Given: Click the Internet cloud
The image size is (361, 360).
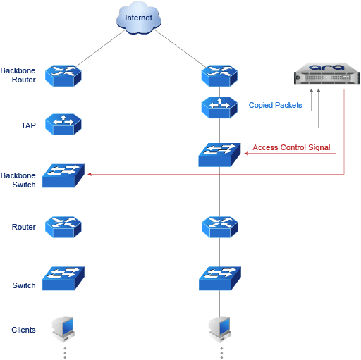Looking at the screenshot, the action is [x=139, y=18].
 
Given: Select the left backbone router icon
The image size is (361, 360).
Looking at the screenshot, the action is [x=63, y=76].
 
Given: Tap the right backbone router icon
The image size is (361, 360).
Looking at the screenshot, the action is [x=219, y=76].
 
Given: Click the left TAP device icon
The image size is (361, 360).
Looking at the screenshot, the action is [x=63, y=124].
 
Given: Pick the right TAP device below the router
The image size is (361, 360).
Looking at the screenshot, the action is [x=219, y=107].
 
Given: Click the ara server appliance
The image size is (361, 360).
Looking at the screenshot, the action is [x=326, y=73].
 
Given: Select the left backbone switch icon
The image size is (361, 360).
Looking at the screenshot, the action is [x=63, y=175].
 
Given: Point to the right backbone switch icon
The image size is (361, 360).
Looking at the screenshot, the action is [x=219, y=155].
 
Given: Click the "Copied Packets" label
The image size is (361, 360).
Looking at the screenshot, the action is [x=275, y=105].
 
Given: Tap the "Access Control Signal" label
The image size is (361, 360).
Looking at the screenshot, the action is [x=291, y=147].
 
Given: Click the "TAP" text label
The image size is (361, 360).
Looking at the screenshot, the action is [x=28, y=125].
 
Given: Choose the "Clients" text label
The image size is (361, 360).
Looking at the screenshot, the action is [x=23, y=330].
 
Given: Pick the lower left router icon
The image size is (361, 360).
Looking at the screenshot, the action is [x=63, y=227].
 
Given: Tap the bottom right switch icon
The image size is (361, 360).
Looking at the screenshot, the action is [x=220, y=278].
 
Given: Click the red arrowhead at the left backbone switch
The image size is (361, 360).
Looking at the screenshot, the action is [x=90, y=174].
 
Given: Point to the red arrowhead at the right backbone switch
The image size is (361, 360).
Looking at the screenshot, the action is [x=246, y=154].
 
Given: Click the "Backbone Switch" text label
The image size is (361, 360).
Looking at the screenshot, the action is [x=18, y=180].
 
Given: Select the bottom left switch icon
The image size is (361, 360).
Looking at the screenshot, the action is [x=63, y=278].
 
